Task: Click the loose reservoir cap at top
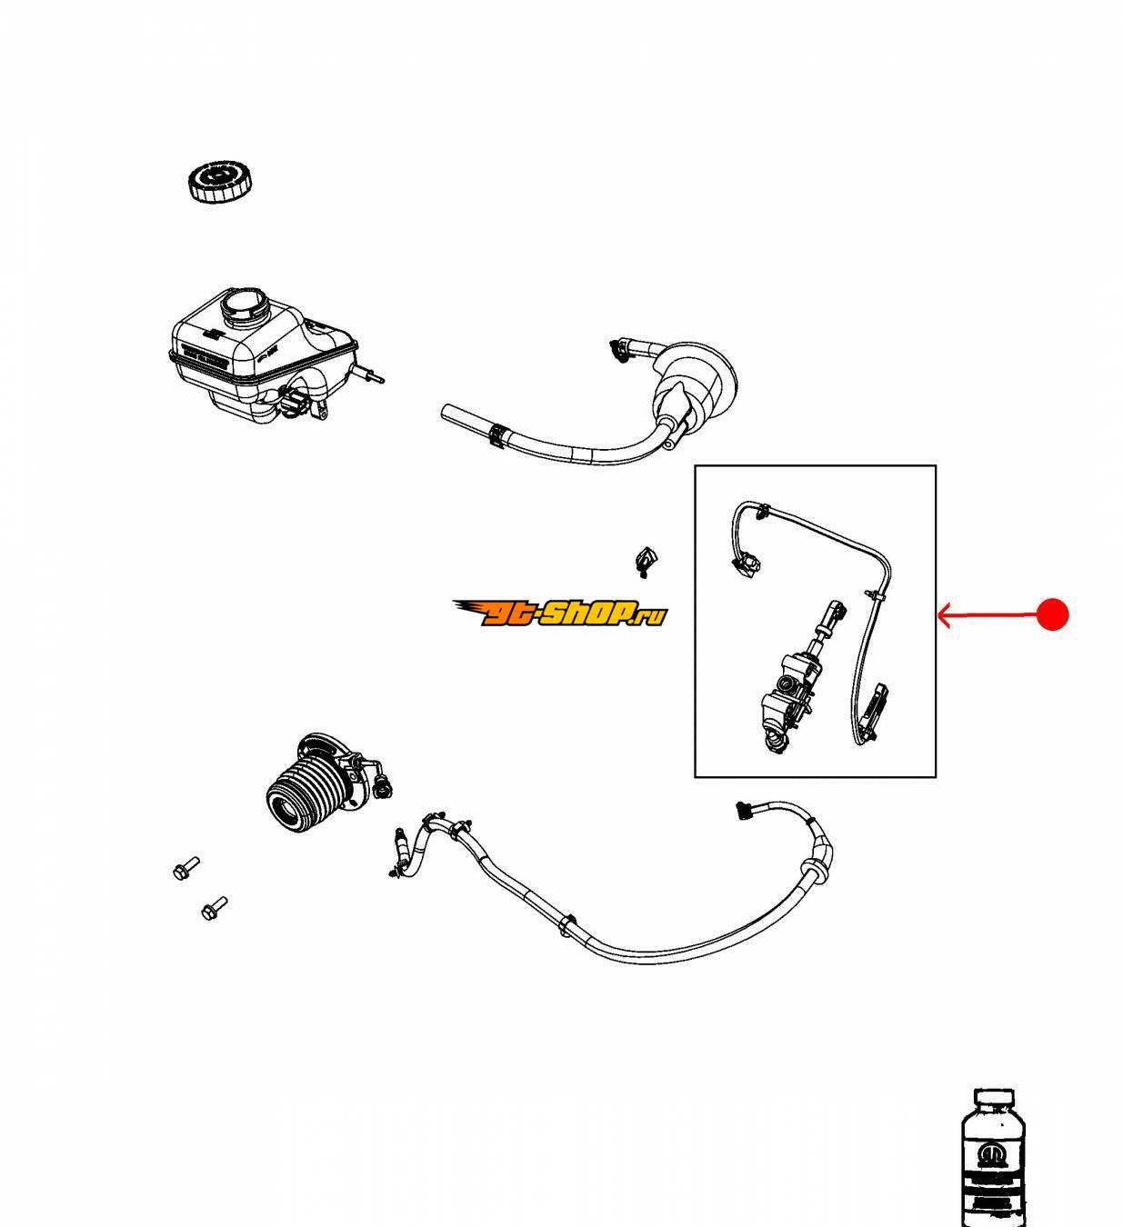(218, 181)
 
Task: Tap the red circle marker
(1052, 615)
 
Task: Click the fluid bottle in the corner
(998, 1159)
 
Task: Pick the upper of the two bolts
(185, 868)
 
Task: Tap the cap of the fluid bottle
(993, 1101)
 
